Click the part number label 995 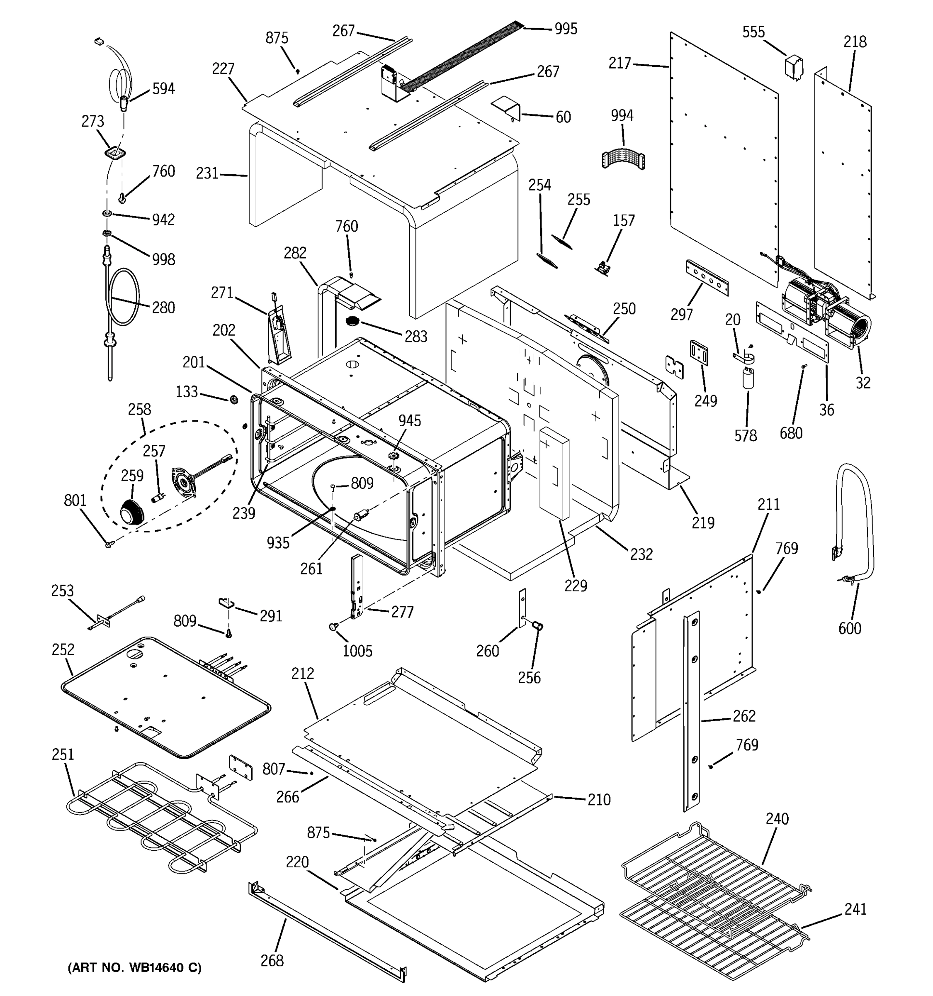point(566,29)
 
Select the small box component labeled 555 point(794,68)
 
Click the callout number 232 point(641,554)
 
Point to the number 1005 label point(357,651)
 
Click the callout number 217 point(619,63)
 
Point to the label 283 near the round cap point(416,336)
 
